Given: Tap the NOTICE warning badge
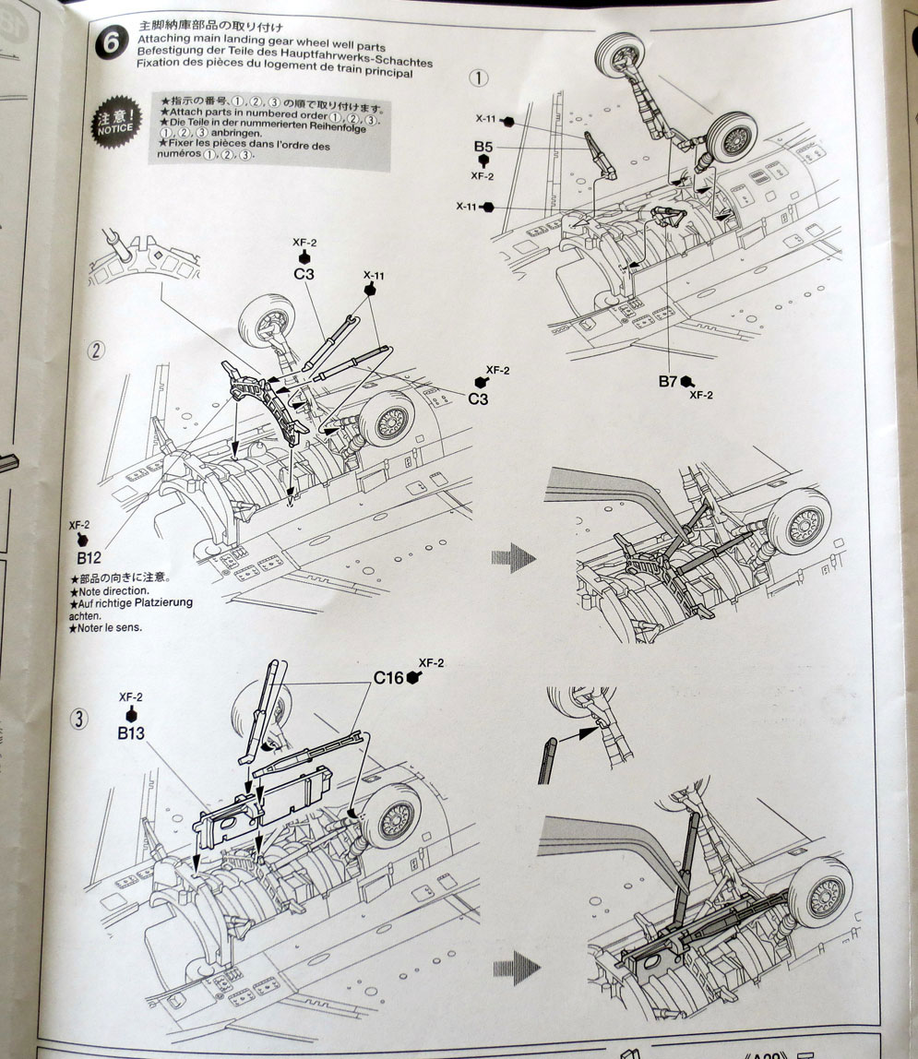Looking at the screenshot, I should pos(115,125).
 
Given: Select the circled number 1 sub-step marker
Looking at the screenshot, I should pos(478,77).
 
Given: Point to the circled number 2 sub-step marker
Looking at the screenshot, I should pos(96,351).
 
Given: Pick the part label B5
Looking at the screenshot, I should pos(485,147).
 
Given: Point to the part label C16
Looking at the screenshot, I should pos(388,678).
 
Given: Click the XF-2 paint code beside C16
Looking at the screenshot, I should pos(432,662).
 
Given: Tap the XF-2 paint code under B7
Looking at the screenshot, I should pos(703,395).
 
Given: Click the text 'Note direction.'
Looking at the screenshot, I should pos(113,590).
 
